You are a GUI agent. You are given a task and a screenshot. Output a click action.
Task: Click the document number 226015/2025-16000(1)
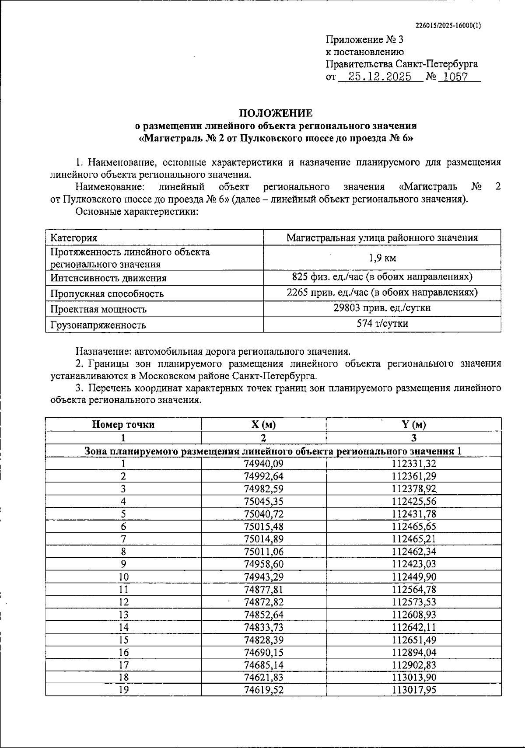coord(448,25)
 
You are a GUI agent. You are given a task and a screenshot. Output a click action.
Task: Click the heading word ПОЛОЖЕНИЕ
coord(276,113)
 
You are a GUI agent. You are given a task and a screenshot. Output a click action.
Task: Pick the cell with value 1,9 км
coord(382,258)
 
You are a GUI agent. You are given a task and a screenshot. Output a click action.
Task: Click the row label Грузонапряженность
coord(98,325)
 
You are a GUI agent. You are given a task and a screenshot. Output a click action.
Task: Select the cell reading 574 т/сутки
coord(382,324)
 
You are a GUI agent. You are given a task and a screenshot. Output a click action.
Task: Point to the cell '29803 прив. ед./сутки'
coord(382,308)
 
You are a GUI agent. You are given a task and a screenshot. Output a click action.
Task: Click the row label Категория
coord(74,238)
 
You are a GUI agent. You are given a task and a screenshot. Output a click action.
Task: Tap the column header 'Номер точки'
coord(123,424)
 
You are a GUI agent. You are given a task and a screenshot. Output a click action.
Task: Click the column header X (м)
coord(263,424)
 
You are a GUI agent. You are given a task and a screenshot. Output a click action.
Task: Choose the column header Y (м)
coord(413,424)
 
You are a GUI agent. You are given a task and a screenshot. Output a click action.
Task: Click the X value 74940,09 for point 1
coord(263,464)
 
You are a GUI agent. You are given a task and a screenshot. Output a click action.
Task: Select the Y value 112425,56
coord(414,501)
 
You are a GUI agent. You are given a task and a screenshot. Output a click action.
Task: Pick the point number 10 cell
coord(123,577)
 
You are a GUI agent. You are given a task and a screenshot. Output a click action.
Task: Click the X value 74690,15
coord(263,653)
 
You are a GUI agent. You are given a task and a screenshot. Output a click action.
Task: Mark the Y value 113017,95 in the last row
coord(414,690)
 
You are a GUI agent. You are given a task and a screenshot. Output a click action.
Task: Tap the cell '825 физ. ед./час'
coord(382,277)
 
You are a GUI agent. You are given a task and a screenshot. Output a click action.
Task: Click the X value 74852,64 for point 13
coord(263,615)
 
